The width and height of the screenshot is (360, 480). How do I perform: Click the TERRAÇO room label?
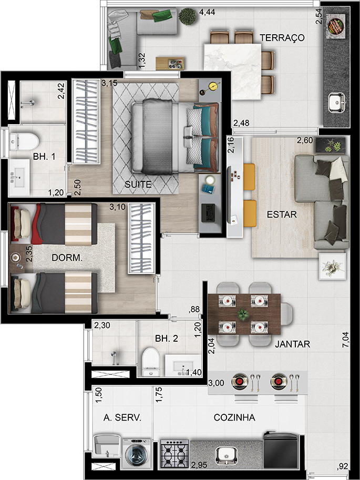tap(283, 37)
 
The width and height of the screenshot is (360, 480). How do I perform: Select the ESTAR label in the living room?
tap(282, 215)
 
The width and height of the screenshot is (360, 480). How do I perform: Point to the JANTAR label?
tap(292, 345)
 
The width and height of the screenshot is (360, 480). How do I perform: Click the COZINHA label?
tap(234, 417)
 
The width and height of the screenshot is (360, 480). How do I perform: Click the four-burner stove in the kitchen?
tap(174, 453)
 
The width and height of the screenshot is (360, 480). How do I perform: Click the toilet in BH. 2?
tap(150, 361)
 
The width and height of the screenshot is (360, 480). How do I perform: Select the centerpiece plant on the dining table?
tap(243, 314)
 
